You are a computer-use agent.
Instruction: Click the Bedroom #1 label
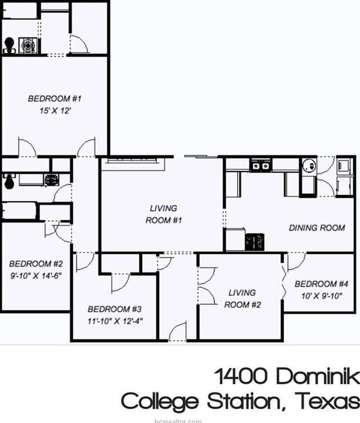click(54, 99)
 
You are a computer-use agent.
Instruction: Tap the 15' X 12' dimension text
click(54, 111)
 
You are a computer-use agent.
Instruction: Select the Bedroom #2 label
click(36, 263)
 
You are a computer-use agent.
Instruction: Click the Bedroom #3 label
click(115, 309)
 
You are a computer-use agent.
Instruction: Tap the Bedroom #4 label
click(321, 284)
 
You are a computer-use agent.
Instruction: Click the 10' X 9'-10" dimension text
click(321, 296)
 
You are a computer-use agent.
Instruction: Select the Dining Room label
click(317, 227)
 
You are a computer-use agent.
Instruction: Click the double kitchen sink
click(260, 165)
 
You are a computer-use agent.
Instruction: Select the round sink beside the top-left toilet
click(26, 45)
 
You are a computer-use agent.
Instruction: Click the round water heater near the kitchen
click(308, 165)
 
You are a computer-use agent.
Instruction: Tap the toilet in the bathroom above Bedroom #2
click(8, 181)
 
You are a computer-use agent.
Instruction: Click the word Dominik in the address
click(318, 377)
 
